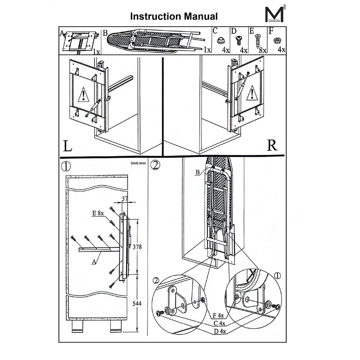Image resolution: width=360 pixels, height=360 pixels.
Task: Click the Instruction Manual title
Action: coord(174,16)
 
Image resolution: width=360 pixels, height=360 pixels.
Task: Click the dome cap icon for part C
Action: coord(220,40)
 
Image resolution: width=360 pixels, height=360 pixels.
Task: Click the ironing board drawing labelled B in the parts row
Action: coord(155,40)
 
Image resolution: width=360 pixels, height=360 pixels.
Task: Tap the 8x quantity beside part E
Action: coord(262,50)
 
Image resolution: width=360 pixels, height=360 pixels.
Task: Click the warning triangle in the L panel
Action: coord(82,94)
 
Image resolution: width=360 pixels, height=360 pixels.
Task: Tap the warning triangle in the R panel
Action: coord(251,93)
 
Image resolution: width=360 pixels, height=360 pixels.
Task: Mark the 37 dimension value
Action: coord(125,198)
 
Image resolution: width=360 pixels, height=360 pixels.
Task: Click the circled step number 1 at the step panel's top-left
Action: coord(67,166)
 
